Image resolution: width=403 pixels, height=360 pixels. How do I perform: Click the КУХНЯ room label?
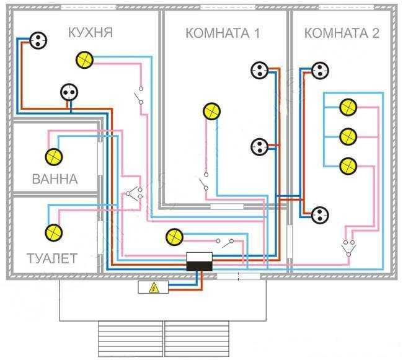pyautogui.click(x=91, y=32)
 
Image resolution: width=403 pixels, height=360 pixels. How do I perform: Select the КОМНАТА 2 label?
pyautogui.click(x=342, y=33)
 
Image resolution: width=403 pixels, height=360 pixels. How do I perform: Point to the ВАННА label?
pyautogui.click(x=55, y=180)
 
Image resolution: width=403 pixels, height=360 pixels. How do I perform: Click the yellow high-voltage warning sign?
pyautogui.click(x=151, y=287)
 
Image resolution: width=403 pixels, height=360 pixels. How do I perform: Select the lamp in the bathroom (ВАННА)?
pyautogui.click(x=52, y=156)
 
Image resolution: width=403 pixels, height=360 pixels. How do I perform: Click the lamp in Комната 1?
pyautogui.click(x=211, y=112)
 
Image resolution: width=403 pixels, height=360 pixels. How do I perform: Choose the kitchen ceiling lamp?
pyautogui.click(x=84, y=59)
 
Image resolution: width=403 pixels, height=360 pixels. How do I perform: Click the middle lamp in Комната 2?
pyautogui.click(x=348, y=135)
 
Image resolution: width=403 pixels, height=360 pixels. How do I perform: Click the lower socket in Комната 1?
pyautogui.click(x=259, y=147)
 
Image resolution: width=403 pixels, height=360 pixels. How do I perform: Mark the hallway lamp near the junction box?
pyautogui.click(x=174, y=237)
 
